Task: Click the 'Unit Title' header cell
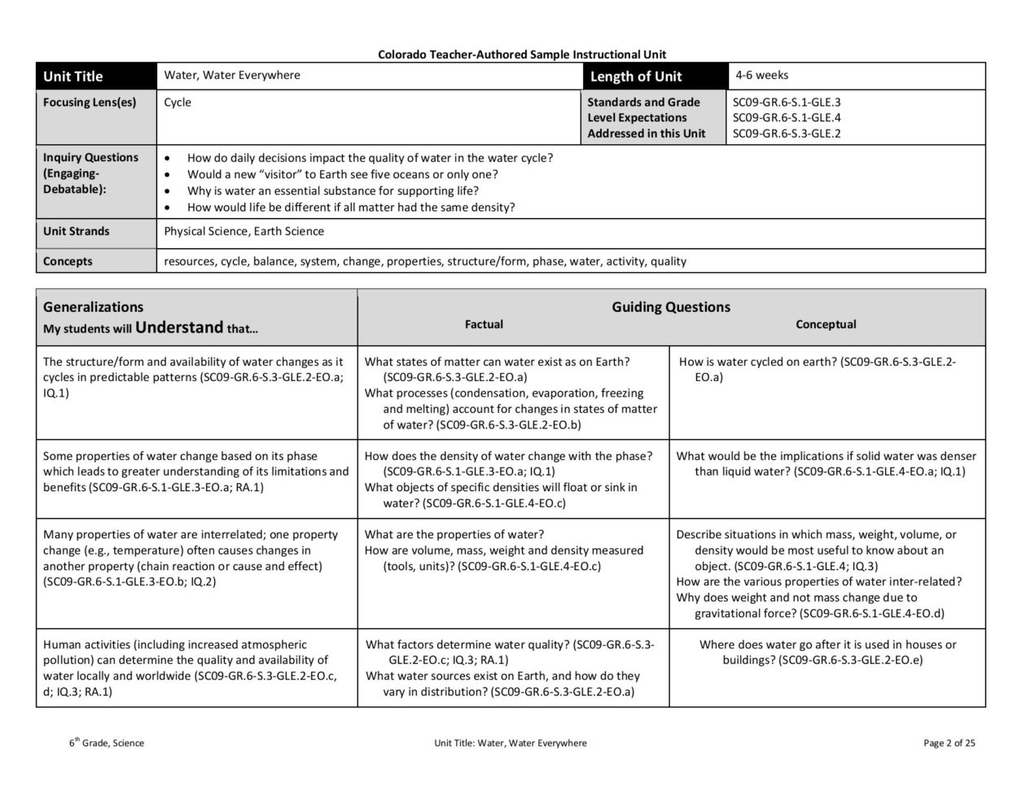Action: click(x=73, y=77)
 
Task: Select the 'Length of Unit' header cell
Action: click(x=636, y=77)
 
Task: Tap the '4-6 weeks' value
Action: click(x=761, y=75)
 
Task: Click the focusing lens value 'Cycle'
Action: click(x=178, y=103)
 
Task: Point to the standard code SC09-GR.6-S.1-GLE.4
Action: click(x=787, y=118)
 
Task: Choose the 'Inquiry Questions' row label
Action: click(x=90, y=158)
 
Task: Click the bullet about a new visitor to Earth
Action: click(x=342, y=174)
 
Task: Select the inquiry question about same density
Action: click(x=351, y=207)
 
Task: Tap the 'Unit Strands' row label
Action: click(x=76, y=231)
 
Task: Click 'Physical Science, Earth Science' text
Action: click(x=243, y=231)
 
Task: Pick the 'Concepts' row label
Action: click(x=68, y=261)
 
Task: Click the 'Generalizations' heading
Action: click(x=93, y=307)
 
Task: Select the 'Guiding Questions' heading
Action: click(x=671, y=307)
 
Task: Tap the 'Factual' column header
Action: click(x=484, y=324)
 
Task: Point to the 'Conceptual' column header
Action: click(x=826, y=324)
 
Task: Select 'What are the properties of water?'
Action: click(x=454, y=535)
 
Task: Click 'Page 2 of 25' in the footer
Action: click(x=950, y=743)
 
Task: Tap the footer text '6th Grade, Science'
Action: click(x=107, y=743)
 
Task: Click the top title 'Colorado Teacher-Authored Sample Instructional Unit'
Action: click(x=521, y=55)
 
